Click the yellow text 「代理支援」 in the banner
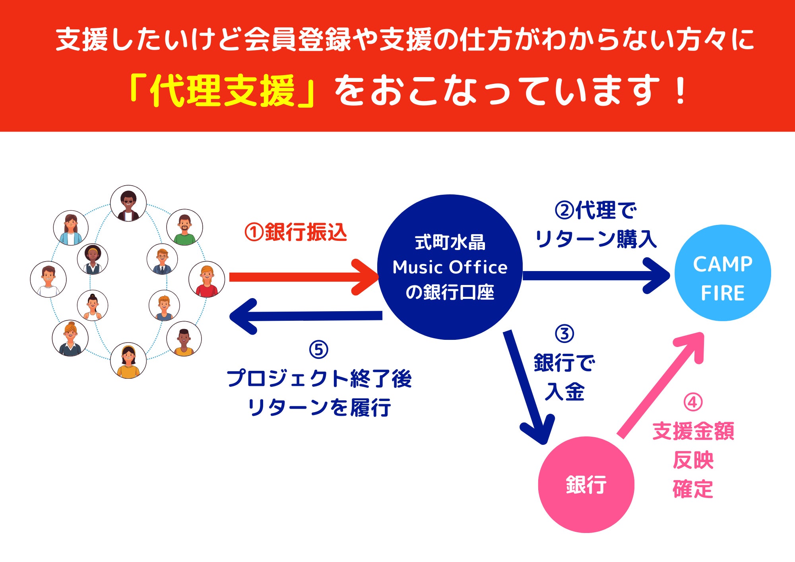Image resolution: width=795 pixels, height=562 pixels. (223, 91)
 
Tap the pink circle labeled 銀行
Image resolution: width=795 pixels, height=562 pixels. (586, 484)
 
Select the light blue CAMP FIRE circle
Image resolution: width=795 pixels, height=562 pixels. (723, 273)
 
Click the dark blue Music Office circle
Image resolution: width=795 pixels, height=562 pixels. (450, 267)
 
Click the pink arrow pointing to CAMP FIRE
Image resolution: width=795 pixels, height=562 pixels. (660, 386)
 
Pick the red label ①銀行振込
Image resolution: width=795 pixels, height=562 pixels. (296, 232)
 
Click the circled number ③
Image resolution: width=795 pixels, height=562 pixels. (564, 334)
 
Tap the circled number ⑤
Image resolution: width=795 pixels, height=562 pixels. (318, 350)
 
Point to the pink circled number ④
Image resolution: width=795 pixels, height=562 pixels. (693, 402)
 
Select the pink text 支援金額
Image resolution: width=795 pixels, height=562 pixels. (693, 431)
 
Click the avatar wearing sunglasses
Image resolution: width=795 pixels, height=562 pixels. (128, 203)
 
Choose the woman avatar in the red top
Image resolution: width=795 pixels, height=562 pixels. (207, 279)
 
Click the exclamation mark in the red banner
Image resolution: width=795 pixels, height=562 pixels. (681, 91)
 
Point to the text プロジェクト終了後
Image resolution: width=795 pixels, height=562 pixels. (319, 378)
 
